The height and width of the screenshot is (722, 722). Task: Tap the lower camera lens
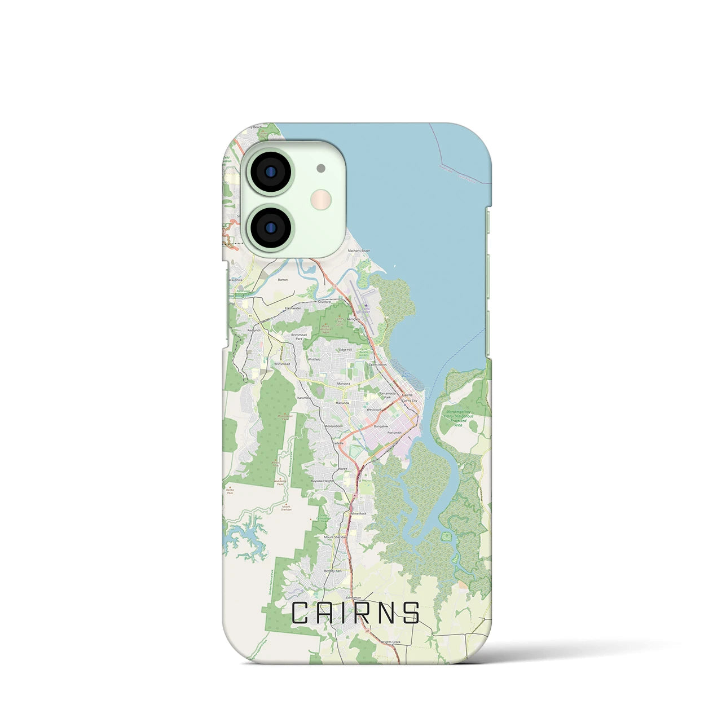(x=271, y=227)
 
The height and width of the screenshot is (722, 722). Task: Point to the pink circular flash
(x=320, y=199)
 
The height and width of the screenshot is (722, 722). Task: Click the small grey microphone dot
(x=321, y=168)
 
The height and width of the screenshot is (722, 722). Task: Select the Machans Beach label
(x=359, y=251)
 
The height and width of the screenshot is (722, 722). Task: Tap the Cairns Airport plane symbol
(x=367, y=305)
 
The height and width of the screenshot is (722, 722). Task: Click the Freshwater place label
(x=293, y=309)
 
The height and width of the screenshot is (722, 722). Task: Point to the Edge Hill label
(x=345, y=350)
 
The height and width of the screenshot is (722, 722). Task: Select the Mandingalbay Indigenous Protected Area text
(x=458, y=419)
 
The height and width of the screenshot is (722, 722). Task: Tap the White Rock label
(x=358, y=514)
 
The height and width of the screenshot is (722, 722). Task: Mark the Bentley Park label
(x=333, y=571)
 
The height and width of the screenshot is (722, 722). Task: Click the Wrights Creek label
(x=390, y=642)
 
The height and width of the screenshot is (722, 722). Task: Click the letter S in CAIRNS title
(x=411, y=613)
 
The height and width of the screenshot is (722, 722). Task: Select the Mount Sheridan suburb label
(x=334, y=537)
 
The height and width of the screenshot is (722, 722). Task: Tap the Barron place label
(x=283, y=280)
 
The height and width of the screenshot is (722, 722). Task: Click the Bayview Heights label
(x=323, y=481)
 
